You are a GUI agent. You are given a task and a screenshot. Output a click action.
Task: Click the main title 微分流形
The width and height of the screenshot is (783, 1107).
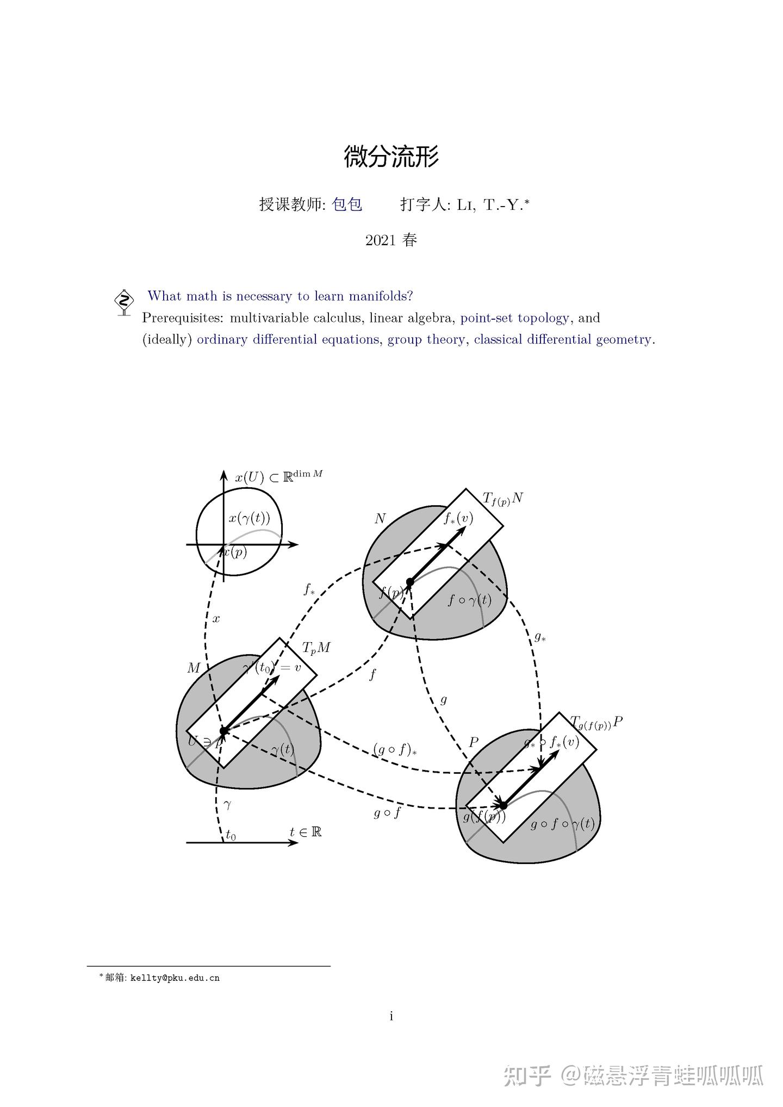(x=391, y=157)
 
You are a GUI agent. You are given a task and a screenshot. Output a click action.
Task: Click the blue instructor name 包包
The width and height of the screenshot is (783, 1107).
(x=347, y=204)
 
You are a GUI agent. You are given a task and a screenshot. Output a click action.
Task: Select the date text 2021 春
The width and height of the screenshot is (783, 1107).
(x=391, y=240)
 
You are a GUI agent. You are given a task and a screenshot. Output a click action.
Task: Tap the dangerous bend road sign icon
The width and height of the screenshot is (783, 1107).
(x=125, y=302)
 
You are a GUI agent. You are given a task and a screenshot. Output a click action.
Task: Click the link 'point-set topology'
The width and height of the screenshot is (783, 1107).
(x=515, y=318)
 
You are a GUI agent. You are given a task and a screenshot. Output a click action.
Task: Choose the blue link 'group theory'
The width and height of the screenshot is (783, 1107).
(x=426, y=340)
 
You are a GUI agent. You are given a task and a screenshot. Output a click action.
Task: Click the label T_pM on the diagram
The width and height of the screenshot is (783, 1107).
(x=316, y=648)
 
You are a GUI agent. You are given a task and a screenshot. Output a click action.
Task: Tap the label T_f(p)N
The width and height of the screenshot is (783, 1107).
(x=503, y=498)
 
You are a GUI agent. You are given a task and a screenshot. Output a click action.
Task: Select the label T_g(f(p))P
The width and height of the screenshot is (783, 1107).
(x=596, y=723)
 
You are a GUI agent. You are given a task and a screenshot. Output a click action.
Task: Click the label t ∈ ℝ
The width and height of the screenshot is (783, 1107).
(x=306, y=832)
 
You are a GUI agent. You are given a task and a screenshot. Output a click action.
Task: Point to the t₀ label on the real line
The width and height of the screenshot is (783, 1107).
(x=231, y=835)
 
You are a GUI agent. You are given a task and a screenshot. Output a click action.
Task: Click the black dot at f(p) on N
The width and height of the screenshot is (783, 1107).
(x=410, y=582)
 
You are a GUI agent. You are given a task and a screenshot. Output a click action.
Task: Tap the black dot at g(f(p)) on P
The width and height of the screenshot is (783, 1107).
(x=503, y=805)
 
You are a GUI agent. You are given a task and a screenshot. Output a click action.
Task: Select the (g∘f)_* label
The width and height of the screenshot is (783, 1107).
(x=395, y=750)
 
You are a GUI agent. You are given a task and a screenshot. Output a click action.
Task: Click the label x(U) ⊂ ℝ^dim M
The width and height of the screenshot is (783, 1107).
(x=279, y=477)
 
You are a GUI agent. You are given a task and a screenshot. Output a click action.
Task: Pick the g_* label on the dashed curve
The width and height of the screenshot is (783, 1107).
(x=540, y=637)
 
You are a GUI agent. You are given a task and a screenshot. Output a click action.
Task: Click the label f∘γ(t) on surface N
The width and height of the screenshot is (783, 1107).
(x=470, y=600)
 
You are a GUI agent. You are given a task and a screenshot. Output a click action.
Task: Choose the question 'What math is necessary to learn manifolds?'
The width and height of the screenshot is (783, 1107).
(x=280, y=296)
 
